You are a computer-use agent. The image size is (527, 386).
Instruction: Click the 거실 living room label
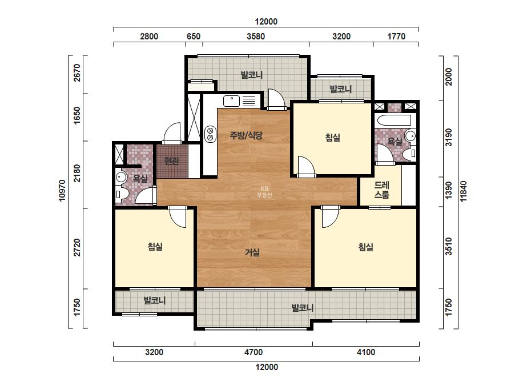pos(252,252)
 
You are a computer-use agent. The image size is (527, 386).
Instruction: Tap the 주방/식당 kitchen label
pos(246,135)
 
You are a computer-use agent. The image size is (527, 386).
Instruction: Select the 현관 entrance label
pos(171,160)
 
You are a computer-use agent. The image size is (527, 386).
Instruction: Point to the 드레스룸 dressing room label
pos(382,190)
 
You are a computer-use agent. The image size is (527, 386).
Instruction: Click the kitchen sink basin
pos(231,100)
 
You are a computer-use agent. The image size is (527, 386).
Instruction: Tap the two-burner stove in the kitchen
pos(211,134)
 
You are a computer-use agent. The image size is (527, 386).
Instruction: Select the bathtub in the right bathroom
pos(393,120)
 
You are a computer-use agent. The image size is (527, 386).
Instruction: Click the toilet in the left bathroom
pos(120,194)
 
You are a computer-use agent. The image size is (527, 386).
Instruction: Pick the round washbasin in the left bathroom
pos(120,177)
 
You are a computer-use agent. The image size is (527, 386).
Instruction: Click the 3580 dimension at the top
pos(256,37)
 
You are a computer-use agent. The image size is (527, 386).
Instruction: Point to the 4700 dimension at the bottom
pos(254,352)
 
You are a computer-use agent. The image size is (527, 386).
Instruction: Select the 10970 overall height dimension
pos(62,191)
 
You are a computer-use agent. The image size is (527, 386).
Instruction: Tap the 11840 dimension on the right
pos(464,191)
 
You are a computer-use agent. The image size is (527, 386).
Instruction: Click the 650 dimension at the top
pos(194,37)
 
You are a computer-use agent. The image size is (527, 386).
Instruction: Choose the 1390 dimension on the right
pos(449,190)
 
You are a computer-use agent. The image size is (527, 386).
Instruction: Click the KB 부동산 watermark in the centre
pos(264,192)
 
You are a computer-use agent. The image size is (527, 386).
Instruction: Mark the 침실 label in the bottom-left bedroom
pos(155,247)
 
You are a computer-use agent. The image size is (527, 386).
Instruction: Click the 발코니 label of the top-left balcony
pos(252,75)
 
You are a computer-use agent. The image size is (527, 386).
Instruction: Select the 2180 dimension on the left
pos(77,173)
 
